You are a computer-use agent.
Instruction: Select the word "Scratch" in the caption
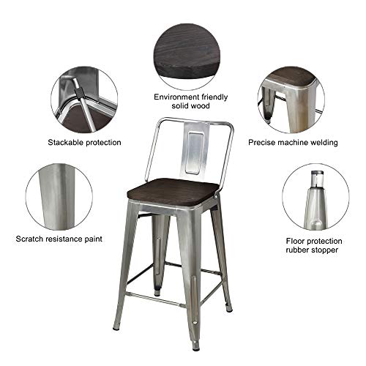tap(29, 239)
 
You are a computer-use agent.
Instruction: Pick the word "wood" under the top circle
tap(200, 105)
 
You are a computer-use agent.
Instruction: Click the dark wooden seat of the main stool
tap(173, 191)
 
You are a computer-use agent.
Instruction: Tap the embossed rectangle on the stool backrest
tap(195, 153)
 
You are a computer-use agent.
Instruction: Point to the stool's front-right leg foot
tap(195, 346)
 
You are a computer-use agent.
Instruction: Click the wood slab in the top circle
tap(187, 53)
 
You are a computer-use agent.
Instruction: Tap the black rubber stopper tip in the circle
tap(317, 173)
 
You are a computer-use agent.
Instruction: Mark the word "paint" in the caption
tap(93, 239)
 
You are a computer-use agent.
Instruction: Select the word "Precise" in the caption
tap(261, 143)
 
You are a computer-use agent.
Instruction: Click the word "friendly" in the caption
tap(212, 97)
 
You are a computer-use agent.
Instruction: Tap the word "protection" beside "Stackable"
tap(102, 143)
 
